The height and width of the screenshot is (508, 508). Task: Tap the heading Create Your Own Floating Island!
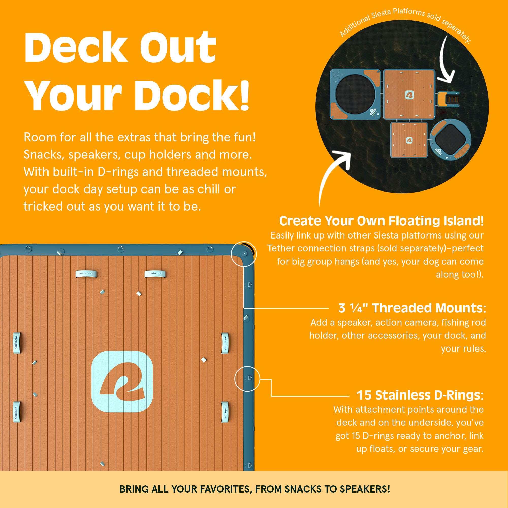point(381,221)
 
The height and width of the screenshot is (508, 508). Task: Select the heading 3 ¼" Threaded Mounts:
point(412,308)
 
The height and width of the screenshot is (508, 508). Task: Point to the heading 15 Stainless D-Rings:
point(420,395)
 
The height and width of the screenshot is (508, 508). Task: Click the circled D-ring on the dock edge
point(247,378)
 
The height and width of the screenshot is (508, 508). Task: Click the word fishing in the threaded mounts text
point(454,322)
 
